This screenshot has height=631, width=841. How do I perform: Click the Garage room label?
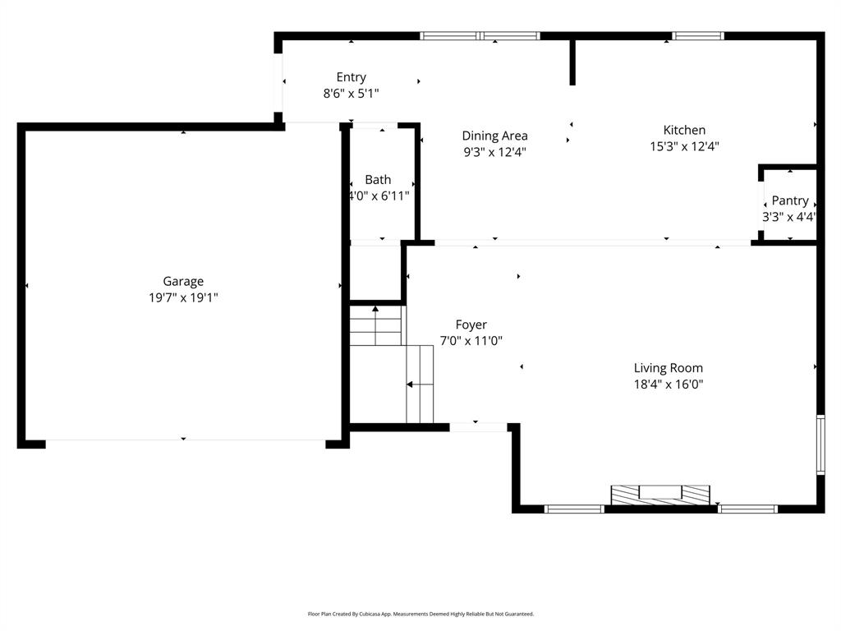[x=182, y=281]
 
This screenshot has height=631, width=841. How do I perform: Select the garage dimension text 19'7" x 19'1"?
[x=182, y=297]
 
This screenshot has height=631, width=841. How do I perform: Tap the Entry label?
[x=351, y=77]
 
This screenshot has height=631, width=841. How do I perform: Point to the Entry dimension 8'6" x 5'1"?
[x=351, y=94]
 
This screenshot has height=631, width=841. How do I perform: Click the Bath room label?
[x=378, y=179]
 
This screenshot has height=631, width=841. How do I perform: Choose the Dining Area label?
[x=494, y=136]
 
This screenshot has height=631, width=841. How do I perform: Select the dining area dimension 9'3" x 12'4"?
[x=494, y=152]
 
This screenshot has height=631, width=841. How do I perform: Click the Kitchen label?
[x=684, y=130]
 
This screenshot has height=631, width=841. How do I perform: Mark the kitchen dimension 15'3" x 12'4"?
[x=684, y=146]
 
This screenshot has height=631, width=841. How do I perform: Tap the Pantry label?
[x=789, y=200]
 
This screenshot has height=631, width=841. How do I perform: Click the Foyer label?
[x=471, y=325]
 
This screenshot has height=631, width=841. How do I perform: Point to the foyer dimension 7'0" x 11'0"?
[x=471, y=341]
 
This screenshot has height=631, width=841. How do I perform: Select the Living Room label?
[x=668, y=368]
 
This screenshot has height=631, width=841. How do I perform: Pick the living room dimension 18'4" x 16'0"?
[x=668, y=384]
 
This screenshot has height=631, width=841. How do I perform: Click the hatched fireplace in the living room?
[x=660, y=494]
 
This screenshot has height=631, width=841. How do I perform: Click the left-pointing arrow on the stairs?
[x=411, y=384]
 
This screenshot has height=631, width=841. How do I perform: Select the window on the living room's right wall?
[x=820, y=444]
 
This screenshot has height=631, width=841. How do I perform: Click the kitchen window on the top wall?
[x=698, y=35]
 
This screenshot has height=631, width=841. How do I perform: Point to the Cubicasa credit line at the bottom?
[x=420, y=614]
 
